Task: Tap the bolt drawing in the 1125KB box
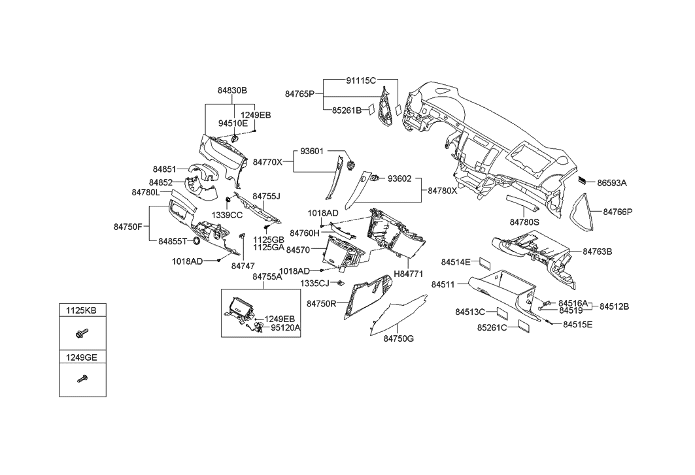[x=81, y=333]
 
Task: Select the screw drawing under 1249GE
[x=82, y=378]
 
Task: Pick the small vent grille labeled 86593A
[x=582, y=182]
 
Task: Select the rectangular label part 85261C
[x=522, y=327]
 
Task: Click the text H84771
[x=409, y=275]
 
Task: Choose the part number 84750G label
[x=399, y=338]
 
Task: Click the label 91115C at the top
[x=361, y=80]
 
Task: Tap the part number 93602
[x=399, y=178]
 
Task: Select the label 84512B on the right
[x=614, y=306]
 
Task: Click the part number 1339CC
[x=227, y=214]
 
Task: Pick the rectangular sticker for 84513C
[x=500, y=312]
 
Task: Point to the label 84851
[x=165, y=169]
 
